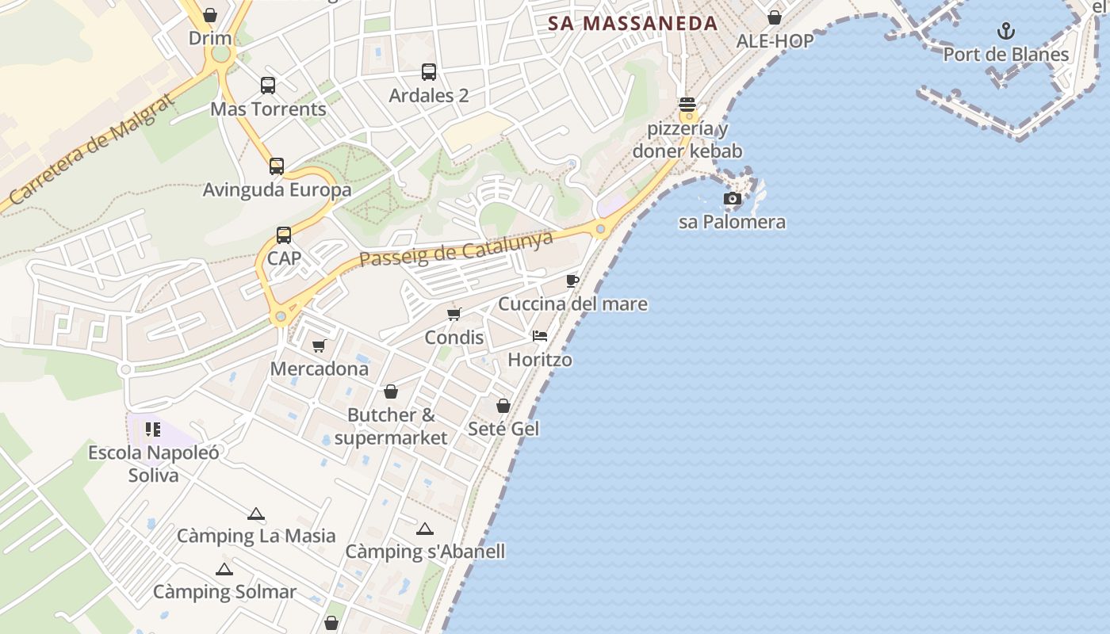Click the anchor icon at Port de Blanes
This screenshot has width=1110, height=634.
(1005, 32)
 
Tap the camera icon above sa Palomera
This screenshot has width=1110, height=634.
(733, 199)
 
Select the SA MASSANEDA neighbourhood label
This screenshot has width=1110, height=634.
(633, 24)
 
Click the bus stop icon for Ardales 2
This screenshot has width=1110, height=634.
(429, 72)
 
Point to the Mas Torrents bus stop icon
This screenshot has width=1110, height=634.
(268, 86)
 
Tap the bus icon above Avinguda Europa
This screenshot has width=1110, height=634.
(277, 166)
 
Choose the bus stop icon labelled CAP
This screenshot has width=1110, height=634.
(284, 235)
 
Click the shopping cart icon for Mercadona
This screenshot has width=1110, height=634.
(319, 346)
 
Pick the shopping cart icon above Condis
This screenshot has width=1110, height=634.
(454, 314)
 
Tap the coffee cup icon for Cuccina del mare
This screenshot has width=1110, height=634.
(572, 281)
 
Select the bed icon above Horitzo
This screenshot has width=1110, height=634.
(540, 336)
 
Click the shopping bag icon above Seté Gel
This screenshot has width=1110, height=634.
(503, 406)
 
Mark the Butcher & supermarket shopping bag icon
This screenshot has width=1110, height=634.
(391, 391)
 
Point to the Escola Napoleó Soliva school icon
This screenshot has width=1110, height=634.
(153, 430)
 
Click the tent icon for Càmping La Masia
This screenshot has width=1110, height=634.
(255, 514)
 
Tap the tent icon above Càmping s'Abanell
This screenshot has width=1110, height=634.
(425, 529)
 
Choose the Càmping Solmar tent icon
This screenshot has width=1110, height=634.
(224, 569)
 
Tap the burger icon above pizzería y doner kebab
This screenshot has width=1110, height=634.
(687, 105)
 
